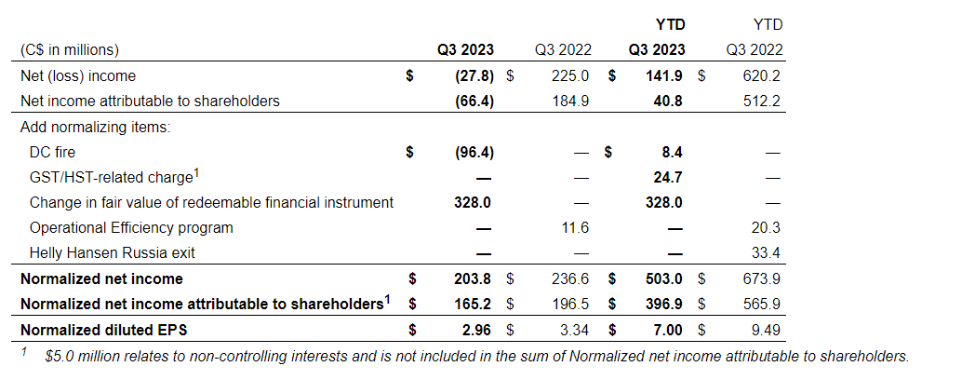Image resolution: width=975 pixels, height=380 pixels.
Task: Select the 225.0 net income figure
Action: [x=569, y=75]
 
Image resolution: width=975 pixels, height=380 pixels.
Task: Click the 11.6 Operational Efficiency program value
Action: [x=573, y=227]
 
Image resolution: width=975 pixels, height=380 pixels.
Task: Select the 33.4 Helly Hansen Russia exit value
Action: [x=767, y=252]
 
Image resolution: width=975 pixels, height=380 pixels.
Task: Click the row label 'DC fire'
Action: [x=52, y=152]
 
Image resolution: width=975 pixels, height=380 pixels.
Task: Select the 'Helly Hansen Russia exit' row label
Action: [x=112, y=252]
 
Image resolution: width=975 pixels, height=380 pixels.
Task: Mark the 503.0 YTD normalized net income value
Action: [x=664, y=278]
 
